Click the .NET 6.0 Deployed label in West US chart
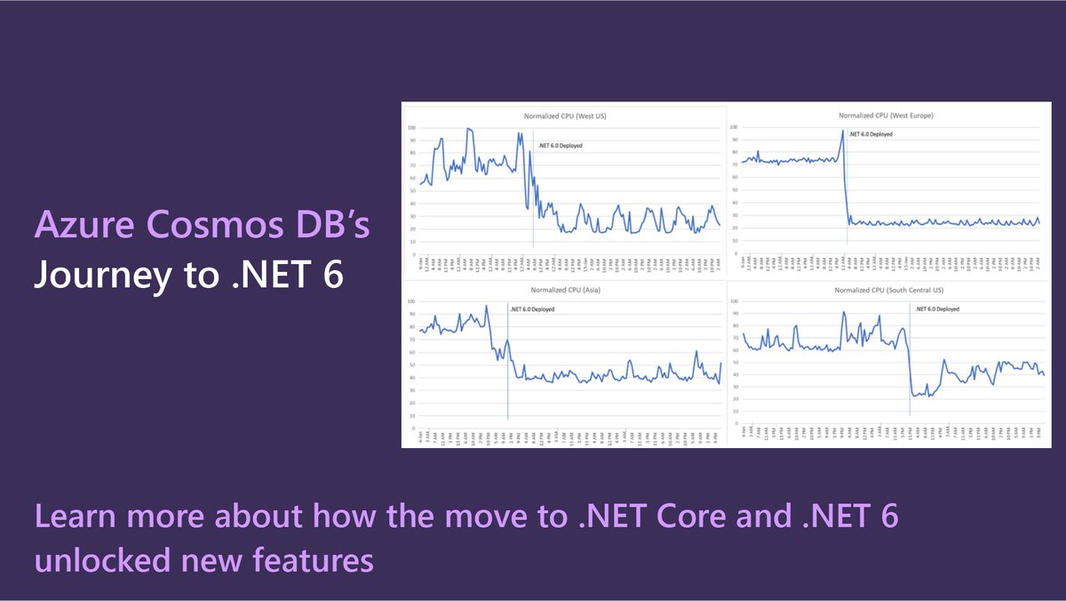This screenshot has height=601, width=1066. click(x=561, y=145)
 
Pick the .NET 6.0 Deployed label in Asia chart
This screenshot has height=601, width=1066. click(x=534, y=309)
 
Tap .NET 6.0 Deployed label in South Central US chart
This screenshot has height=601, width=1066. click(x=936, y=309)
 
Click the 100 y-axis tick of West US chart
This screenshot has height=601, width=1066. click(x=411, y=128)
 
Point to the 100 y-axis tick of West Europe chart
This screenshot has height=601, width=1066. click(x=733, y=128)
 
